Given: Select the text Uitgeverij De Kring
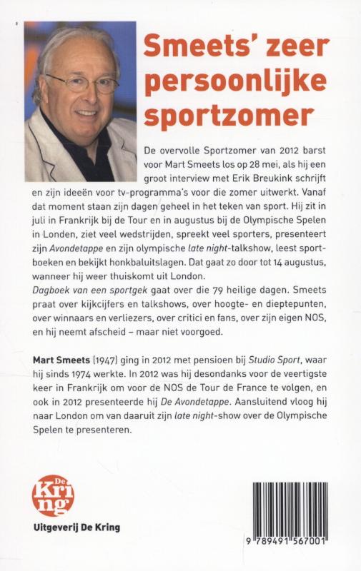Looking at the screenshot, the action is click(72, 528).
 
